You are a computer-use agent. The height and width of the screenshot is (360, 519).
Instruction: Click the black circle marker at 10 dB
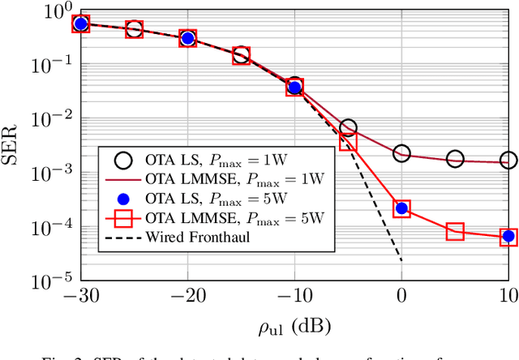pyautogui.click(x=508, y=161)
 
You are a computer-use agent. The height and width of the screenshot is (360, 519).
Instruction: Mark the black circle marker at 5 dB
pyautogui.click(x=455, y=159)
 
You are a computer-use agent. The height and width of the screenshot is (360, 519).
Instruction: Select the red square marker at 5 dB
pyautogui.click(x=455, y=232)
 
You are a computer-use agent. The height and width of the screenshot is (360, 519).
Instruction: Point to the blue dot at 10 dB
pyautogui.click(x=508, y=236)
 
